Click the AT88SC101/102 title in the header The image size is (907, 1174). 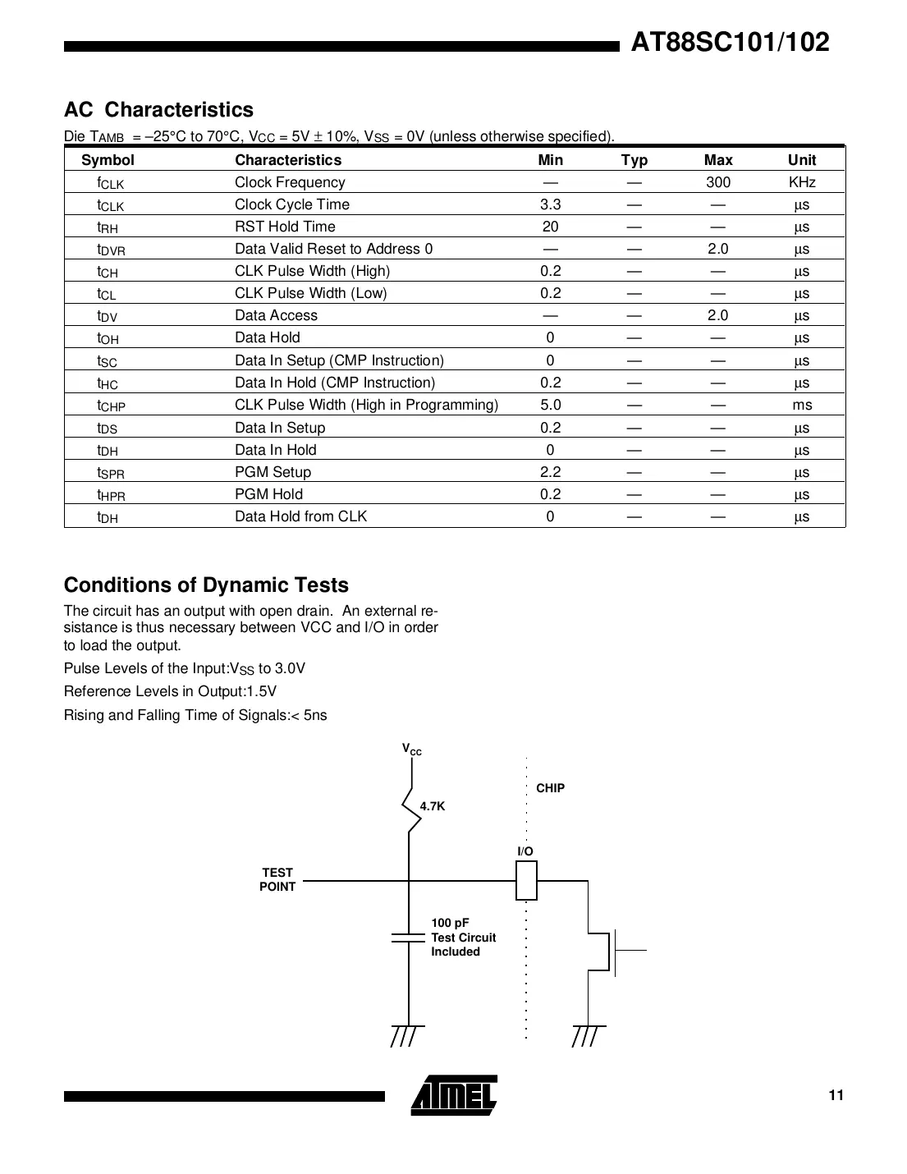(730, 43)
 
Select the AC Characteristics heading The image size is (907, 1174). (158, 110)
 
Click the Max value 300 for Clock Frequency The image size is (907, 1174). (717, 182)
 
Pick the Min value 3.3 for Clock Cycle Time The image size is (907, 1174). (550, 204)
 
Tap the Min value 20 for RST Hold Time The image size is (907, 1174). (550, 227)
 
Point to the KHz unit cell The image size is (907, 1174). (801, 182)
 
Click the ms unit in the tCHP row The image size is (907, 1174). (801, 405)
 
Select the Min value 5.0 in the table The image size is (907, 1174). (550, 405)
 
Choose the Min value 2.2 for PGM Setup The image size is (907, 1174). (550, 472)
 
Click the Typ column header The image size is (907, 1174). (634, 160)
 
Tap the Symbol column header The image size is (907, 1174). (108, 160)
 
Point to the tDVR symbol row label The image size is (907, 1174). (111, 250)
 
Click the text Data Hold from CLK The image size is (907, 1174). (300, 516)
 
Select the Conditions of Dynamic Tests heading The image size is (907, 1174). (206, 585)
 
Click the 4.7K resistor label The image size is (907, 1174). (433, 806)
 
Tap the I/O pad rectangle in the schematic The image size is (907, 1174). (526, 880)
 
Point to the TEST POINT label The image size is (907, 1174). (277, 879)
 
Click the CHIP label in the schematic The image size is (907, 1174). (550, 788)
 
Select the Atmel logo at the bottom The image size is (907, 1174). (454, 1095)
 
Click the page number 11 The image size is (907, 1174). (836, 1095)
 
